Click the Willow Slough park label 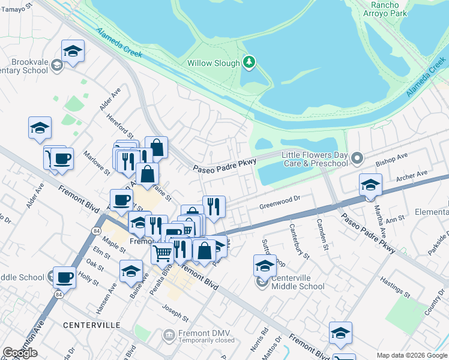(x=213, y=62)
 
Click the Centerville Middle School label (x=298, y=282)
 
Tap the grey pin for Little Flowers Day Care (x=358, y=158)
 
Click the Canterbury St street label (x=299, y=238)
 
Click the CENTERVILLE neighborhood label (x=91, y=325)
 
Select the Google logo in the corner (x=20, y=353)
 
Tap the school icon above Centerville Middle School (x=264, y=265)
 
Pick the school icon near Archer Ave (x=370, y=184)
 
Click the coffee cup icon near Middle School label (x=64, y=277)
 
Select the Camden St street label (x=321, y=235)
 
